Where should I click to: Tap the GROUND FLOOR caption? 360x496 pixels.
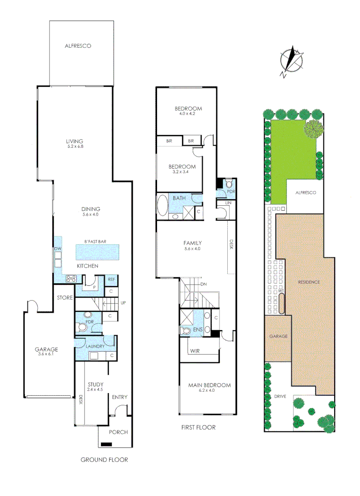(104, 460)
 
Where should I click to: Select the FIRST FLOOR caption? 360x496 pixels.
(198, 428)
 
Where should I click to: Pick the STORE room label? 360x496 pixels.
(65, 298)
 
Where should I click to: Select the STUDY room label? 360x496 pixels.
(95, 384)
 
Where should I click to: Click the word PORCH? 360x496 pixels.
(118, 432)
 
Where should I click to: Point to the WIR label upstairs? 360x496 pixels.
(195, 351)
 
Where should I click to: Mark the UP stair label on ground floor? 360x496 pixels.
(123, 303)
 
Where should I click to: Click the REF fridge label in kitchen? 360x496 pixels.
(112, 279)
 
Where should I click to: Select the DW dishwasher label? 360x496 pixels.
(58, 248)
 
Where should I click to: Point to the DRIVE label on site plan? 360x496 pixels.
(280, 396)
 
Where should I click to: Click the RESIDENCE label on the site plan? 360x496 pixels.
(309, 282)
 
